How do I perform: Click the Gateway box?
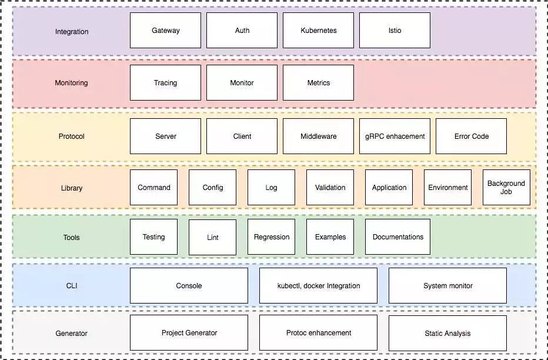pyautogui.click(x=165, y=31)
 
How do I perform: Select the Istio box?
pyautogui.click(x=395, y=31)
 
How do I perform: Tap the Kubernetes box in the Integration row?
pyautogui.click(x=318, y=31)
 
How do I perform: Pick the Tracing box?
pyautogui.click(x=165, y=83)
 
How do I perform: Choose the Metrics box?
pyautogui.click(x=318, y=83)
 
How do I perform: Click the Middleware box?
pyautogui.click(x=318, y=136)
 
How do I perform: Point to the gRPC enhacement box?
pyautogui.click(x=395, y=136)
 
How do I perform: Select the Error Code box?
pyautogui.click(x=471, y=136)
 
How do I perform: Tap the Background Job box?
pyautogui.click(x=506, y=188)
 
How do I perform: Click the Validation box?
pyautogui.click(x=330, y=188)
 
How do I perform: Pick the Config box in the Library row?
pyautogui.click(x=212, y=188)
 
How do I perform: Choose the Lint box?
pyautogui.click(x=212, y=238)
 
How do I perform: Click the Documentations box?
pyautogui.click(x=397, y=237)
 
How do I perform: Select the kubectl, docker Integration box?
pyautogui.click(x=318, y=286)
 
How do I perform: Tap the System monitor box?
pyautogui.click(x=447, y=286)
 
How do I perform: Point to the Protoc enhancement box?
pyautogui.click(x=318, y=333)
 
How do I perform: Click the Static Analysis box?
pyautogui.click(x=447, y=334)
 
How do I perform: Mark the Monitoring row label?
pyautogui.click(x=71, y=83)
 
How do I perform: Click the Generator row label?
pyautogui.click(x=71, y=334)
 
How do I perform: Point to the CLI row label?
pyautogui.click(x=71, y=286)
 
